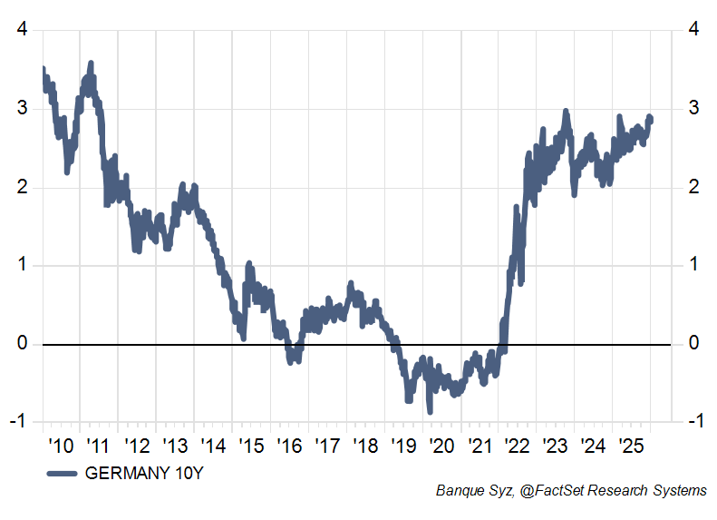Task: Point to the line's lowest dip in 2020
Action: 430,411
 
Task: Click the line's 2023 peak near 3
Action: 566,112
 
